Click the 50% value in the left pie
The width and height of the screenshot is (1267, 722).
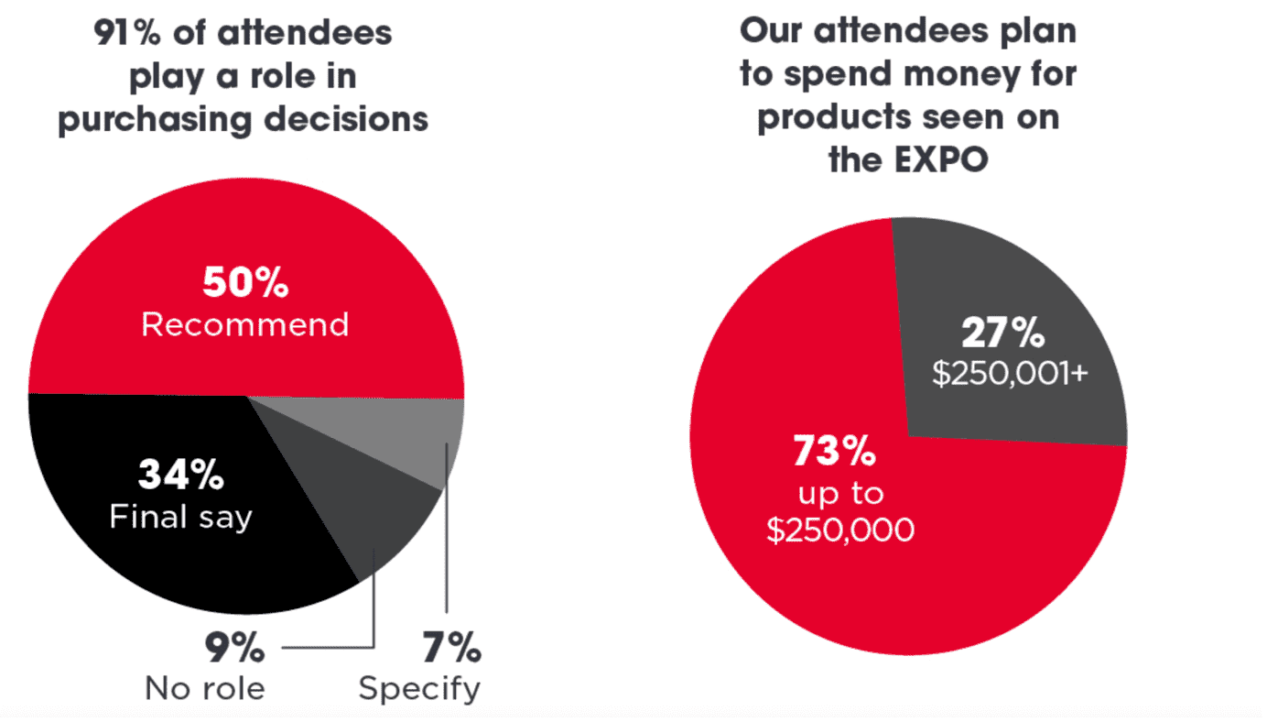tap(245, 283)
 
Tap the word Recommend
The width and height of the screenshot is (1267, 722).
tap(245, 324)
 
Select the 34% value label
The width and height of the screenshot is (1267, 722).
tap(181, 476)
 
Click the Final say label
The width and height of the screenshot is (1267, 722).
tap(181, 517)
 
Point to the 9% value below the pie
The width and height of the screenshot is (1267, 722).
tap(234, 649)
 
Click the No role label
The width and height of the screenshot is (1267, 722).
tap(205, 689)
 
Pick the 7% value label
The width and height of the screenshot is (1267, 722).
tap(451, 649)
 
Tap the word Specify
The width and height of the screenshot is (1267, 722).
tap(419, 689)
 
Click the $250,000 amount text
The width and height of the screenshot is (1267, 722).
tap(840, 531)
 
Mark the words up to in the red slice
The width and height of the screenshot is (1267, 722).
tap(840, 492)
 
